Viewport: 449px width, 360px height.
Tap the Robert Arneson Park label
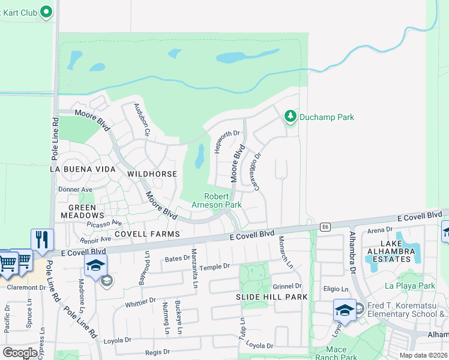point(216,200)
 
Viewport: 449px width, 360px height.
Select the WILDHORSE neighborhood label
point(152,173)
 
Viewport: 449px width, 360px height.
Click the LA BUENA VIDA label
point(82,170)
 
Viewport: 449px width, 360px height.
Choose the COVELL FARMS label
point(147,234)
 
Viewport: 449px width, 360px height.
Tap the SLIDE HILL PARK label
point(272,297)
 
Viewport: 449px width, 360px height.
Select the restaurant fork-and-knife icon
point(42,240)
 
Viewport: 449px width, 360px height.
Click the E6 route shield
point(325,227)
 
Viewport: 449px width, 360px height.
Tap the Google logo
point(20,353)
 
